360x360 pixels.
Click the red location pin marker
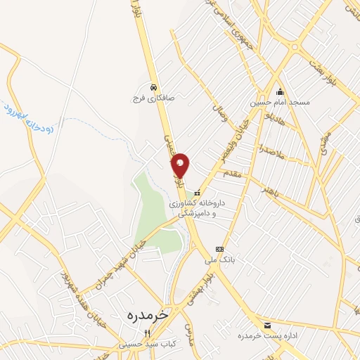(x=181, y=165)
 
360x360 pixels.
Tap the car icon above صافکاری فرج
(x=153, y=87)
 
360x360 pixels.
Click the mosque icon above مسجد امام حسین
(x=280, y=91)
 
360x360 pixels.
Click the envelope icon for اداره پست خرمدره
(x=267, y=325)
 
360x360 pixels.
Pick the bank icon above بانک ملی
(x=220, y=249)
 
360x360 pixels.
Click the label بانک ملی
(x=219, y=259)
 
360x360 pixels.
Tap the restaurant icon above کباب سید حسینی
(x=147, y=333)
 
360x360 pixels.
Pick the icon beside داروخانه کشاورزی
(x=197, y=193)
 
